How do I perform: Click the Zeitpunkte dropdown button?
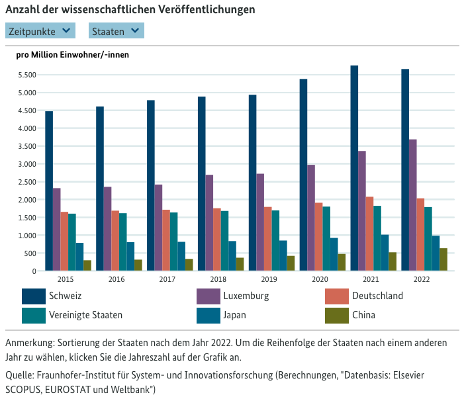(40, 30)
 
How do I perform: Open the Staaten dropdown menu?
(116, 30)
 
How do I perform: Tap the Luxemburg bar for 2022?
(412, 205)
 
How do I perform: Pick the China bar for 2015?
(87, 265)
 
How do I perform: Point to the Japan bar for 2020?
(334, 254)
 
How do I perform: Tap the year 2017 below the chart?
(167, 280)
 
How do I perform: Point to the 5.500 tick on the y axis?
(26, 75)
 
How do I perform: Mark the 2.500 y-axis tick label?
(26, 182)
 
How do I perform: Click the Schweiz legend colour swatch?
(33, 296)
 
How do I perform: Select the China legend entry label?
(364, 315)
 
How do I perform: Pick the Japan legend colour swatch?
(209, 315)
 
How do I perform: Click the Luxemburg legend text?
(247, 296)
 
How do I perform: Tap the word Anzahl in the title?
(21, 10)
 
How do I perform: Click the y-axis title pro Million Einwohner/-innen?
(72, 55)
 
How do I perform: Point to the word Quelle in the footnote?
(19, 375)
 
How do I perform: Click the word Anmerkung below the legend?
(30, 343)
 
